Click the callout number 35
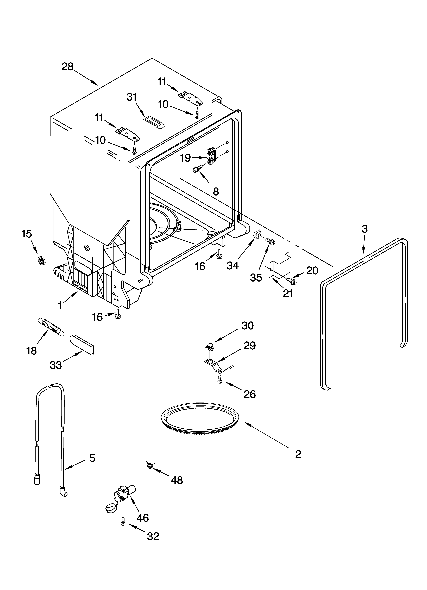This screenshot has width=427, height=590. point(256,278)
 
